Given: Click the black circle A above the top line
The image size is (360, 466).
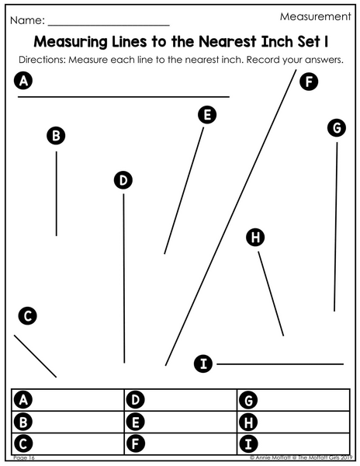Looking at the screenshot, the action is [x=23, y=81].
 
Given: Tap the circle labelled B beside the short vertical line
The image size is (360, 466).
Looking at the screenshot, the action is [x=56, y=135].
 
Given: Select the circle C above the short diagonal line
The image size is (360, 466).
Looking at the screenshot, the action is [x=28, y=315].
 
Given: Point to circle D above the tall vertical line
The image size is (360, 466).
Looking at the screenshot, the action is [x=123, y=180].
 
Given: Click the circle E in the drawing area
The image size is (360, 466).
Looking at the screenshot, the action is [x=207, y=115].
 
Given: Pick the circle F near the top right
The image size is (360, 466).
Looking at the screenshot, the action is [x=309, y=82].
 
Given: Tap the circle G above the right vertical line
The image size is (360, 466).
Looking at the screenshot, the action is [x=337, y=128].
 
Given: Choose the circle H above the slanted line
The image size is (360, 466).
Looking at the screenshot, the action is [x=255, y=237].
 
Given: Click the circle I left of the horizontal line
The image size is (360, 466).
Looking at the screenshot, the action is [x=203, y=363].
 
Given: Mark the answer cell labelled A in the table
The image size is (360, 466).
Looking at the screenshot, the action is [x=67, y=400].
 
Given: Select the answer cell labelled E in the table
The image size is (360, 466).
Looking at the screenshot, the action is [x=181, y=422].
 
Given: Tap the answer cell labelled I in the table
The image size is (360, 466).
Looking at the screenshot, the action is [x=293, y=443].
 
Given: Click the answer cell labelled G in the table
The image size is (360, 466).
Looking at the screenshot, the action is [x=293, y=400].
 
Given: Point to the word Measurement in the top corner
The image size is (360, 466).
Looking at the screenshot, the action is [x=316, y=16].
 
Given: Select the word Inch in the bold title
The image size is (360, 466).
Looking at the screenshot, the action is [x=277, y=42].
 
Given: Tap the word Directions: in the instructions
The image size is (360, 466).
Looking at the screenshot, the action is [x=42, y=60].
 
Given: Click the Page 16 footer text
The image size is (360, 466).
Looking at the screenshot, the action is [x=24, y=457].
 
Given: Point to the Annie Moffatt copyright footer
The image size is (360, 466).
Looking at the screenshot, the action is [x=301, y=457].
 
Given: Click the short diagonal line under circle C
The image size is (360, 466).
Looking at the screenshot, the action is [x=35, y=356].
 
